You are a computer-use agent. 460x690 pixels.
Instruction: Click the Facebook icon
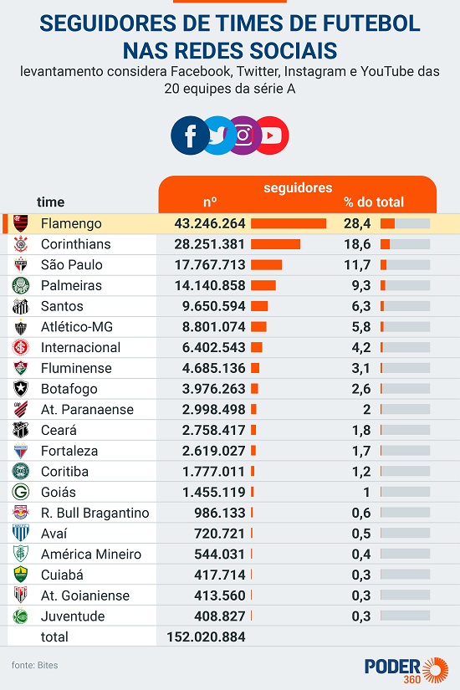190,135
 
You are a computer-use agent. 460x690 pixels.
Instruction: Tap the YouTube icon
272,135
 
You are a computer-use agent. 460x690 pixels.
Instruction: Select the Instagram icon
243,135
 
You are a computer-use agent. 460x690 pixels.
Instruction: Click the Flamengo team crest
20,223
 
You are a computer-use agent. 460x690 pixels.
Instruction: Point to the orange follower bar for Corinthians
275,244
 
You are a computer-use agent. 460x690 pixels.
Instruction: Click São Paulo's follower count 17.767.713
210,265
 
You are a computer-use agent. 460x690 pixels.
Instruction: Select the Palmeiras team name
71,285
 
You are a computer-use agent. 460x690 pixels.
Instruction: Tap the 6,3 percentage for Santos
361,306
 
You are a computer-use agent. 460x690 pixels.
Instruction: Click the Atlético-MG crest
21,327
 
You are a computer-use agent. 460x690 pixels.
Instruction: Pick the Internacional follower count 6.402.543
213,348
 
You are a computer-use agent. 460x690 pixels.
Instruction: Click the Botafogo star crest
21,389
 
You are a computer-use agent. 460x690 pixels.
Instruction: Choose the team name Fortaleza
69,451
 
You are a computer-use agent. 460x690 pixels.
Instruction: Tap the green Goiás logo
21,492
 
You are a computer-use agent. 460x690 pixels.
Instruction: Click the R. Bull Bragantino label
95,513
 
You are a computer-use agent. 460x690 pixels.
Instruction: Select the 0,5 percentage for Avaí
361,534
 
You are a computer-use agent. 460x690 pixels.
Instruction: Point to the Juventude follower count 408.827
220,616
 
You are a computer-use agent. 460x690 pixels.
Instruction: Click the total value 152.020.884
206,637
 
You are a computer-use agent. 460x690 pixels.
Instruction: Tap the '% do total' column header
374,202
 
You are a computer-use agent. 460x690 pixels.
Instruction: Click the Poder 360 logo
406,671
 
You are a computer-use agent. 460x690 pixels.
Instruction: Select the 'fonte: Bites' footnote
35,666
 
